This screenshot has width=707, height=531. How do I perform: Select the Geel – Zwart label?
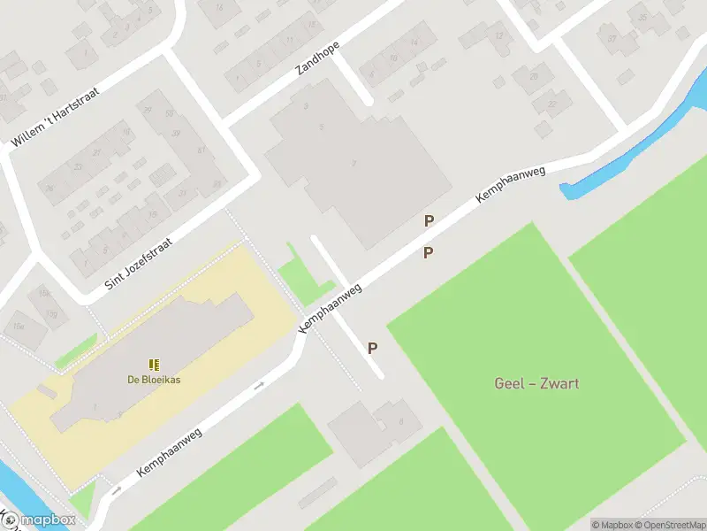click(x=536, y=384)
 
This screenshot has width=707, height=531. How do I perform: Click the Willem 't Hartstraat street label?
click(x=55, y=116)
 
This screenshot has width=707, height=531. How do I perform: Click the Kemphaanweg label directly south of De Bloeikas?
click(x=170, y=453)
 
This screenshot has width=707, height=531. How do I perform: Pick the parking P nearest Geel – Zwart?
click(x=373, y=349)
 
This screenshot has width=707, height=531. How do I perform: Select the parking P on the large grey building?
click(x=429, y=221)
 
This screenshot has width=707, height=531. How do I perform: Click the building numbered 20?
click(x=533, y=78)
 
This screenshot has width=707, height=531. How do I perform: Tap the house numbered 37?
click(x=612, y=39)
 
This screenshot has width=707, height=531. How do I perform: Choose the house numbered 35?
click(x=643, y=17)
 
